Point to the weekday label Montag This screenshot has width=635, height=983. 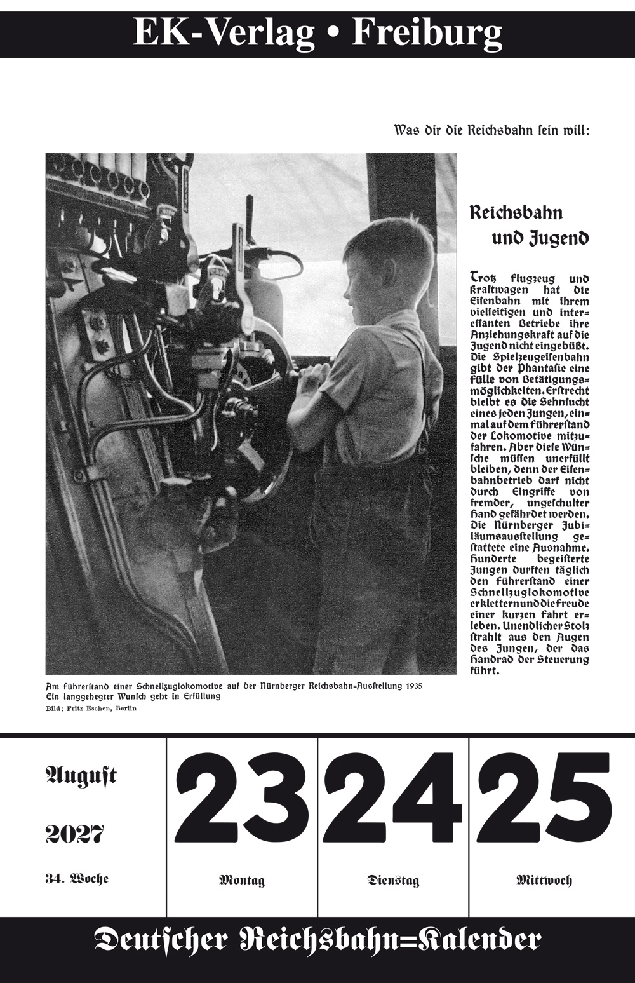click(x=241, y=881)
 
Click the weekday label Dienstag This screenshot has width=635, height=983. click(x=393, y=881)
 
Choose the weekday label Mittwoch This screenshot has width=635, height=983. click(x=544, y=881)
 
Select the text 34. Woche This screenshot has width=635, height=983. click(x=77, y=879)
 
